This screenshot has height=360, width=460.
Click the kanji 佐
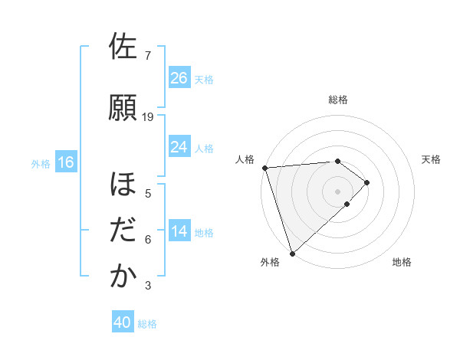tap(123, 47)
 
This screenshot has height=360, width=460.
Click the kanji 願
tap(123, 108)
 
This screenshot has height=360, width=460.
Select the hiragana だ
tap(123, 231)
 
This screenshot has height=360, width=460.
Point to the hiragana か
tap(123, 277)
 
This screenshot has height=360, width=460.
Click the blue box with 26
tap(179, 77)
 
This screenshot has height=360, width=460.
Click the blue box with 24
tap(179, 146)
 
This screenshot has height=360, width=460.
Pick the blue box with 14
tap(179, 231)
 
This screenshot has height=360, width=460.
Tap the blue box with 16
tap(65, 162)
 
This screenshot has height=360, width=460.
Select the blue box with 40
tap(123, 322)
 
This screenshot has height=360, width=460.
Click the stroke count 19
tap(148, 117)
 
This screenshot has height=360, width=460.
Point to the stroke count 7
tap(148, 56)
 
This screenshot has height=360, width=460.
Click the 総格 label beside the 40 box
tap(148, 324)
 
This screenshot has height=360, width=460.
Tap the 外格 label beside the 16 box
tap(41, 163)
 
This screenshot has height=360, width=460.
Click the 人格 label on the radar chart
tap(245, 159)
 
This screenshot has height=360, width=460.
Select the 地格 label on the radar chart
tap(402, 262)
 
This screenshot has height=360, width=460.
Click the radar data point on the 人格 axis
tap(264, 168)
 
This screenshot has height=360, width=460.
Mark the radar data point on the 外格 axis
tap(292, 252)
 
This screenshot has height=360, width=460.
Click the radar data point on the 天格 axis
tap(367, 182)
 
